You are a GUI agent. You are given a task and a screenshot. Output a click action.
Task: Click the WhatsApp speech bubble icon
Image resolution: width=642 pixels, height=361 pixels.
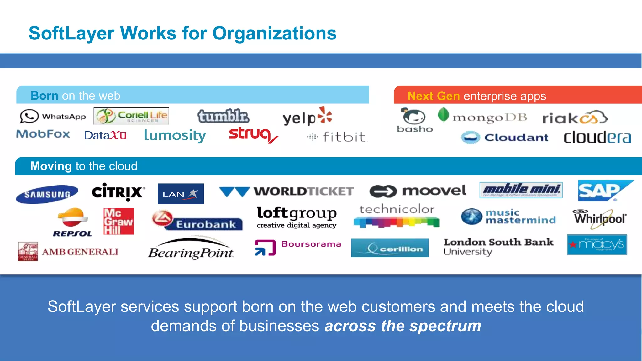click(29, 116)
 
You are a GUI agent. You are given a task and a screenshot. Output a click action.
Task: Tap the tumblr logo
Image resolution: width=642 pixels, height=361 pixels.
click(223, 116)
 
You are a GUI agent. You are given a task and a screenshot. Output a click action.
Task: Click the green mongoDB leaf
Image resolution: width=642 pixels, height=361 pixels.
click(443, 114)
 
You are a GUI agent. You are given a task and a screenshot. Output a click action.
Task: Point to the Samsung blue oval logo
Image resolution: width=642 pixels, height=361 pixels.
click(47, 194)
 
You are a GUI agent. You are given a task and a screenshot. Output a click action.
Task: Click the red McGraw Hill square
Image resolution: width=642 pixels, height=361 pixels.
click(118, 221)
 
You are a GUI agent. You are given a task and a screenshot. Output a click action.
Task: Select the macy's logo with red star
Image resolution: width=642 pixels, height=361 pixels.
click(597, 244)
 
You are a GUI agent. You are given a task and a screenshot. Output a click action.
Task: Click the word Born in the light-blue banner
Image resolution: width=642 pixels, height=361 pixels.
click(44, 96)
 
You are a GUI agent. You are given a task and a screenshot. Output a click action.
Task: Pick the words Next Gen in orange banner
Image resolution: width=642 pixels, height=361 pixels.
click(433, 96)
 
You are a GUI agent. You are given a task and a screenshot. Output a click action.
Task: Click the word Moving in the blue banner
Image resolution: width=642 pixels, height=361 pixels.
click(51, 166)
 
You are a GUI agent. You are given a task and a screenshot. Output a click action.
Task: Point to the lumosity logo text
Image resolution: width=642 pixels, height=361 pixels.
click(175, 135)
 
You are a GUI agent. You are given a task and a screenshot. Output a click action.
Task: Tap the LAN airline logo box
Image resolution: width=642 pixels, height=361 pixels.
click(181, 194)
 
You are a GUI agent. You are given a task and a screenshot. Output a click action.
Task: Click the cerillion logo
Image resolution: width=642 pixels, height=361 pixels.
click(390, 248)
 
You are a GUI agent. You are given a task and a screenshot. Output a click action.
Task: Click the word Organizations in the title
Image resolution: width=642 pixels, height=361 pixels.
click(274, 33)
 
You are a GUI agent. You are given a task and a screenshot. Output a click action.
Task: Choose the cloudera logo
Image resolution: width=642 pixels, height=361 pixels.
click(597, 137)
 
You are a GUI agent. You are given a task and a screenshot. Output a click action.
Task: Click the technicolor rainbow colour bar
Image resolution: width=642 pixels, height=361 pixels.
click(396, 222)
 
